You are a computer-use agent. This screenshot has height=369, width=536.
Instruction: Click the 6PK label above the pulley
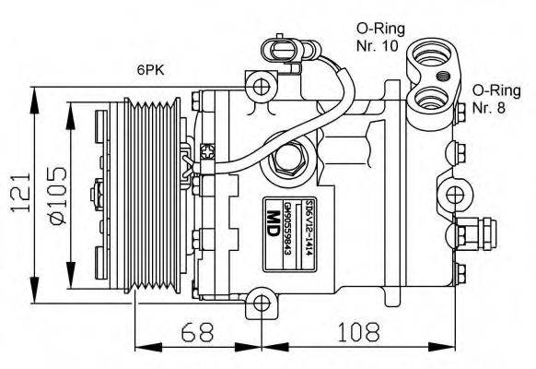pyautogui.click(x=149, y=69)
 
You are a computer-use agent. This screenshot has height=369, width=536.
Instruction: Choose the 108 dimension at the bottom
pyautogui.click(x=357, y=330)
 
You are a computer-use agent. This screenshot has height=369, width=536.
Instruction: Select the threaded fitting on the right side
pyautogui.click(x=480, y=230)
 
